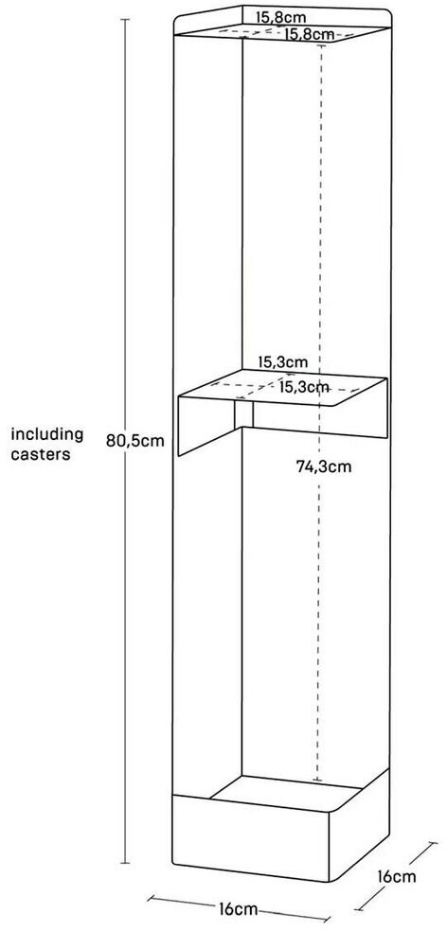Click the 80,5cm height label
134,441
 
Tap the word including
47,435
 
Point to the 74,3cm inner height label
324,466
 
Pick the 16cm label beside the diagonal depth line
397,876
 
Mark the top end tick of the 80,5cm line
125,20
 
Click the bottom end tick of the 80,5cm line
125,863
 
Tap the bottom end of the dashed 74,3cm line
317,781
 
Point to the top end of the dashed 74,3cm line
321,45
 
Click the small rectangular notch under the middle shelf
243,414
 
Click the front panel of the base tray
250,837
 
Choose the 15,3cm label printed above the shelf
282,361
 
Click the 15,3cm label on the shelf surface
304,388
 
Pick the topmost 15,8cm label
280,17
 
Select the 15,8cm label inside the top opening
308,34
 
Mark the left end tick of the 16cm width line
148,898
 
